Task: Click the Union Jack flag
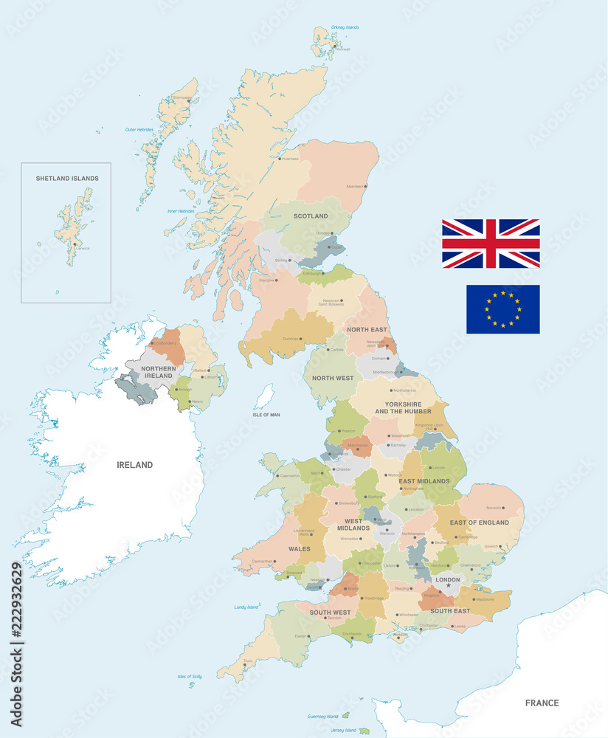coord(491,244)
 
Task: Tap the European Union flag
coord(502,308)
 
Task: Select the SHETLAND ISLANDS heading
coord(67,179)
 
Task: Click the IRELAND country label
coord(135,465)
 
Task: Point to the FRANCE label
coord(542,703)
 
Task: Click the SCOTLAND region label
coord(311,216)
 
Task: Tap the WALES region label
coord(300,549)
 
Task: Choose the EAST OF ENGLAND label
coord(480,523)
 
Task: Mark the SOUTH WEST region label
coord(330,613)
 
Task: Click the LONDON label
coord(448,579)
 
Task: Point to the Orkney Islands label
coord(345,27)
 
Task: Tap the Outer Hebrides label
coord(139,129)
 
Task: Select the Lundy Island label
coord(246,607)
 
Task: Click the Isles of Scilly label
coord(190,676)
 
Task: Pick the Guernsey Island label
coord(322,716)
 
